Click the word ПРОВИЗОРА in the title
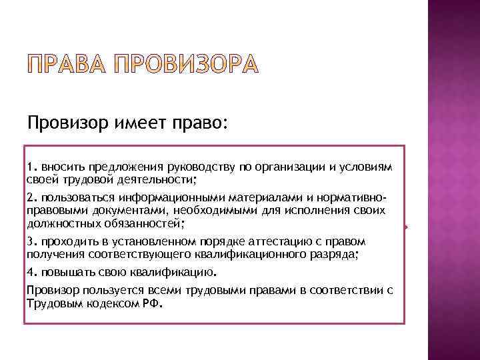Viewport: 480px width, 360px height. coord(184,65)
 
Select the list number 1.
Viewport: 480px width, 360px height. coord(31,166)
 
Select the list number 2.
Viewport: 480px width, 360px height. coord(31,197)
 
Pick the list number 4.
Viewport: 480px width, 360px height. coord(31,272)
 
